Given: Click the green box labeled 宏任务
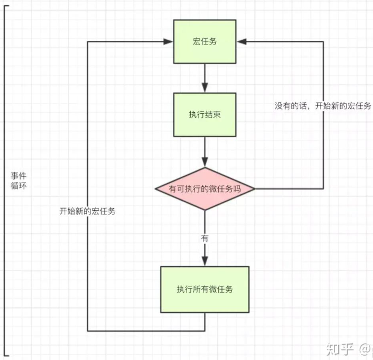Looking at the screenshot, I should tap(205, 41).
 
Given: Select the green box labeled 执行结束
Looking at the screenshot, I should tap(205, 114).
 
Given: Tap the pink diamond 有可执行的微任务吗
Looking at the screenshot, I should tap(205, 188).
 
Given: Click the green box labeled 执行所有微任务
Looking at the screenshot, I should tap(205, 289).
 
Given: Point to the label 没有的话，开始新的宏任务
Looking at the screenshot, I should tap(323, 106).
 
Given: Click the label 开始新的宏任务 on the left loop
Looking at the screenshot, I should tap(87, 211).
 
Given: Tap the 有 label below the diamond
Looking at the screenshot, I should tap(205, 238).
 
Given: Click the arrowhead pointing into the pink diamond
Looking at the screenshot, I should tap(205, 163).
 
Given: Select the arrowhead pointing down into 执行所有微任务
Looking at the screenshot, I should tap(205, 262).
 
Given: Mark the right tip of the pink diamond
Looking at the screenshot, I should tap(255, 188).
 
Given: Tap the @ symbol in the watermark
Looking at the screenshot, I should tap(363, 350).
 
